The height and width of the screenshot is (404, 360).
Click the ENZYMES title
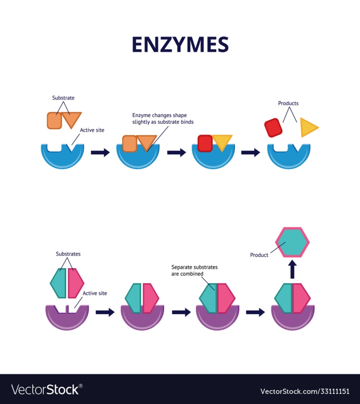click(180, 44)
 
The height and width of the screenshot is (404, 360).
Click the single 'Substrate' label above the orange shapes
click(63, 98)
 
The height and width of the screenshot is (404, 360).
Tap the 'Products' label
click(288, 103)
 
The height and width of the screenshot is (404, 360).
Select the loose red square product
click(274, 128)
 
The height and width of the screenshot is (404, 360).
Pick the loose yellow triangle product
click(308, 128)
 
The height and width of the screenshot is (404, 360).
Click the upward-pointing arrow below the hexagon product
click(292, 269)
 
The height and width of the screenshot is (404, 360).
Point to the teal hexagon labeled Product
click(292, 242)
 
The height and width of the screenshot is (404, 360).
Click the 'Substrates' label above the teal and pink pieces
click(68, 254)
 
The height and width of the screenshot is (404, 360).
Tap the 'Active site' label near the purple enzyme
click(95, 293)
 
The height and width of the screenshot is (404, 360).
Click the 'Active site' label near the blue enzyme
click(92, 130)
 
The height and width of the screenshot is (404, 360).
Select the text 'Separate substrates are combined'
click(194, 271)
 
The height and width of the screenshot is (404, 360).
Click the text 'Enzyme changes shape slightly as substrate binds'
click(163, 119)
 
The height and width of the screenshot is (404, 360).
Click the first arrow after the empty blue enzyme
click(100, 152)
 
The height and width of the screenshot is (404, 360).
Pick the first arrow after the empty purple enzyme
click(105, 312)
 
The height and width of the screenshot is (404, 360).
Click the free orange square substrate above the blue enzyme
click(54, 120)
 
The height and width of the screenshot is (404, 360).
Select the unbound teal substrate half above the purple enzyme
click(58, 283)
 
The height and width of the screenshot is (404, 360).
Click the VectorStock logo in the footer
click(47, 389)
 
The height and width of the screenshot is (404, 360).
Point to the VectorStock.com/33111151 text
click(305, 391)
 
